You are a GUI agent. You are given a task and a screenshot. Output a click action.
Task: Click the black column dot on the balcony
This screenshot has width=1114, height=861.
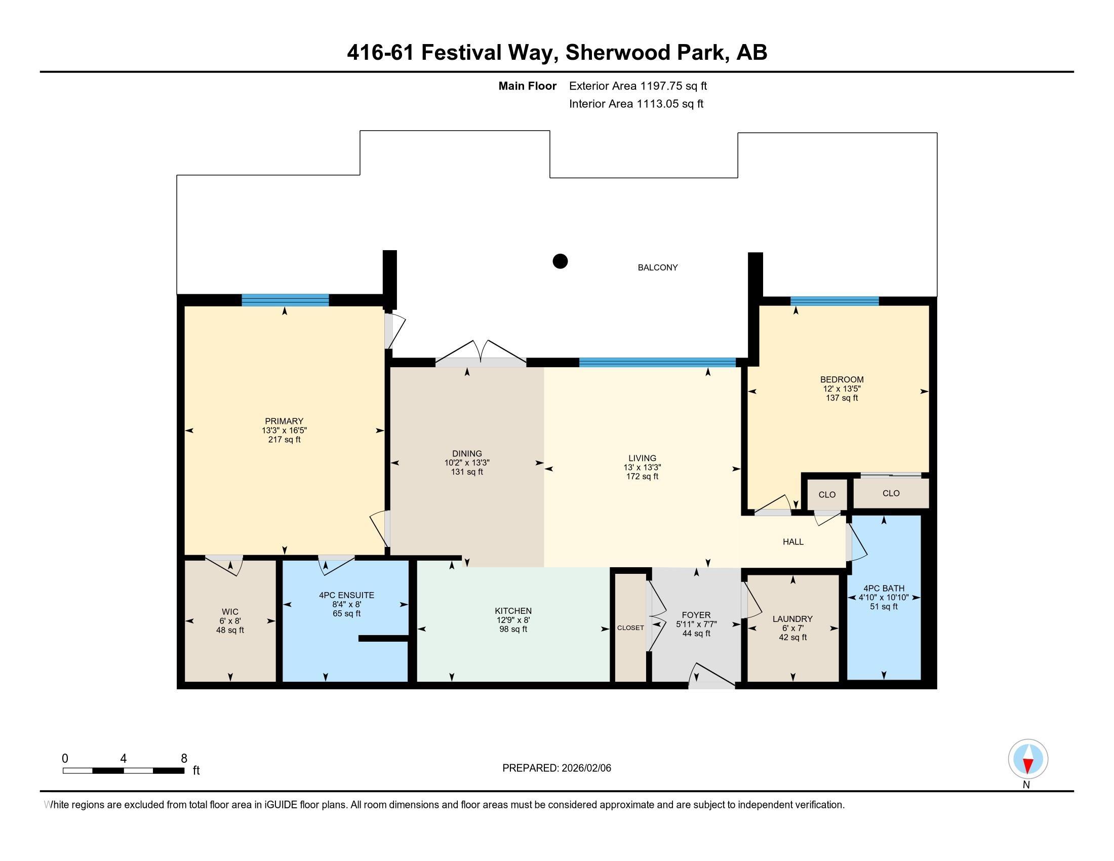[x=560, y=261]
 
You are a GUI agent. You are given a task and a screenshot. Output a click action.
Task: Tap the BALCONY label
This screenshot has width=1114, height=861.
[x=657, y=267]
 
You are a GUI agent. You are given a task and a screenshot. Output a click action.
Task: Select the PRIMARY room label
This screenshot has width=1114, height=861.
[x=284, y=421]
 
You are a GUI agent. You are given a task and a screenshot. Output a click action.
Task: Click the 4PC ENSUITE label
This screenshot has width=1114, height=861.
[x=346, y=595]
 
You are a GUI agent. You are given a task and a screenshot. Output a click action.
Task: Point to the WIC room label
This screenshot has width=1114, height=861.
[x=230, y=612]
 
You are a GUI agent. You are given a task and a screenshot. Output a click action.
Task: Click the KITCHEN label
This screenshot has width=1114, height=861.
[x=513, y=611]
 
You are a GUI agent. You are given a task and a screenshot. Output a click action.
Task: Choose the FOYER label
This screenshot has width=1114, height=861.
[x=696, y=615]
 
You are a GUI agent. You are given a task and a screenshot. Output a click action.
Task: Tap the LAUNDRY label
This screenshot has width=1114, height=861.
[x=792, y=619]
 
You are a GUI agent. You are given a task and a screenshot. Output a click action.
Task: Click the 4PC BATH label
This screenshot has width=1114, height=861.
[x=884, y=588]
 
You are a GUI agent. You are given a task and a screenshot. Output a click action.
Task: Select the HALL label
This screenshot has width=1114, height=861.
[x=793, y=542]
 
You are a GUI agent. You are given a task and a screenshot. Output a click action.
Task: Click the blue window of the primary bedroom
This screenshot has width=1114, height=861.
[x=285, y=300]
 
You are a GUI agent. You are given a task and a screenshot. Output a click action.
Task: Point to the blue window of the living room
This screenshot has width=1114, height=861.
[x=657, y=363]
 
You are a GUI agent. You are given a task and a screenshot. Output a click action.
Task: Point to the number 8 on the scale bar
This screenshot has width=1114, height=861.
[x=184, y=758]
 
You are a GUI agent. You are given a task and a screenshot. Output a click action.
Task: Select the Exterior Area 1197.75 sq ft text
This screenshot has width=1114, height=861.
[x=638, y=86]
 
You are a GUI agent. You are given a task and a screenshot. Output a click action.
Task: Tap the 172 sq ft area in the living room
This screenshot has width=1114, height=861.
[x=642, y=477]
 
